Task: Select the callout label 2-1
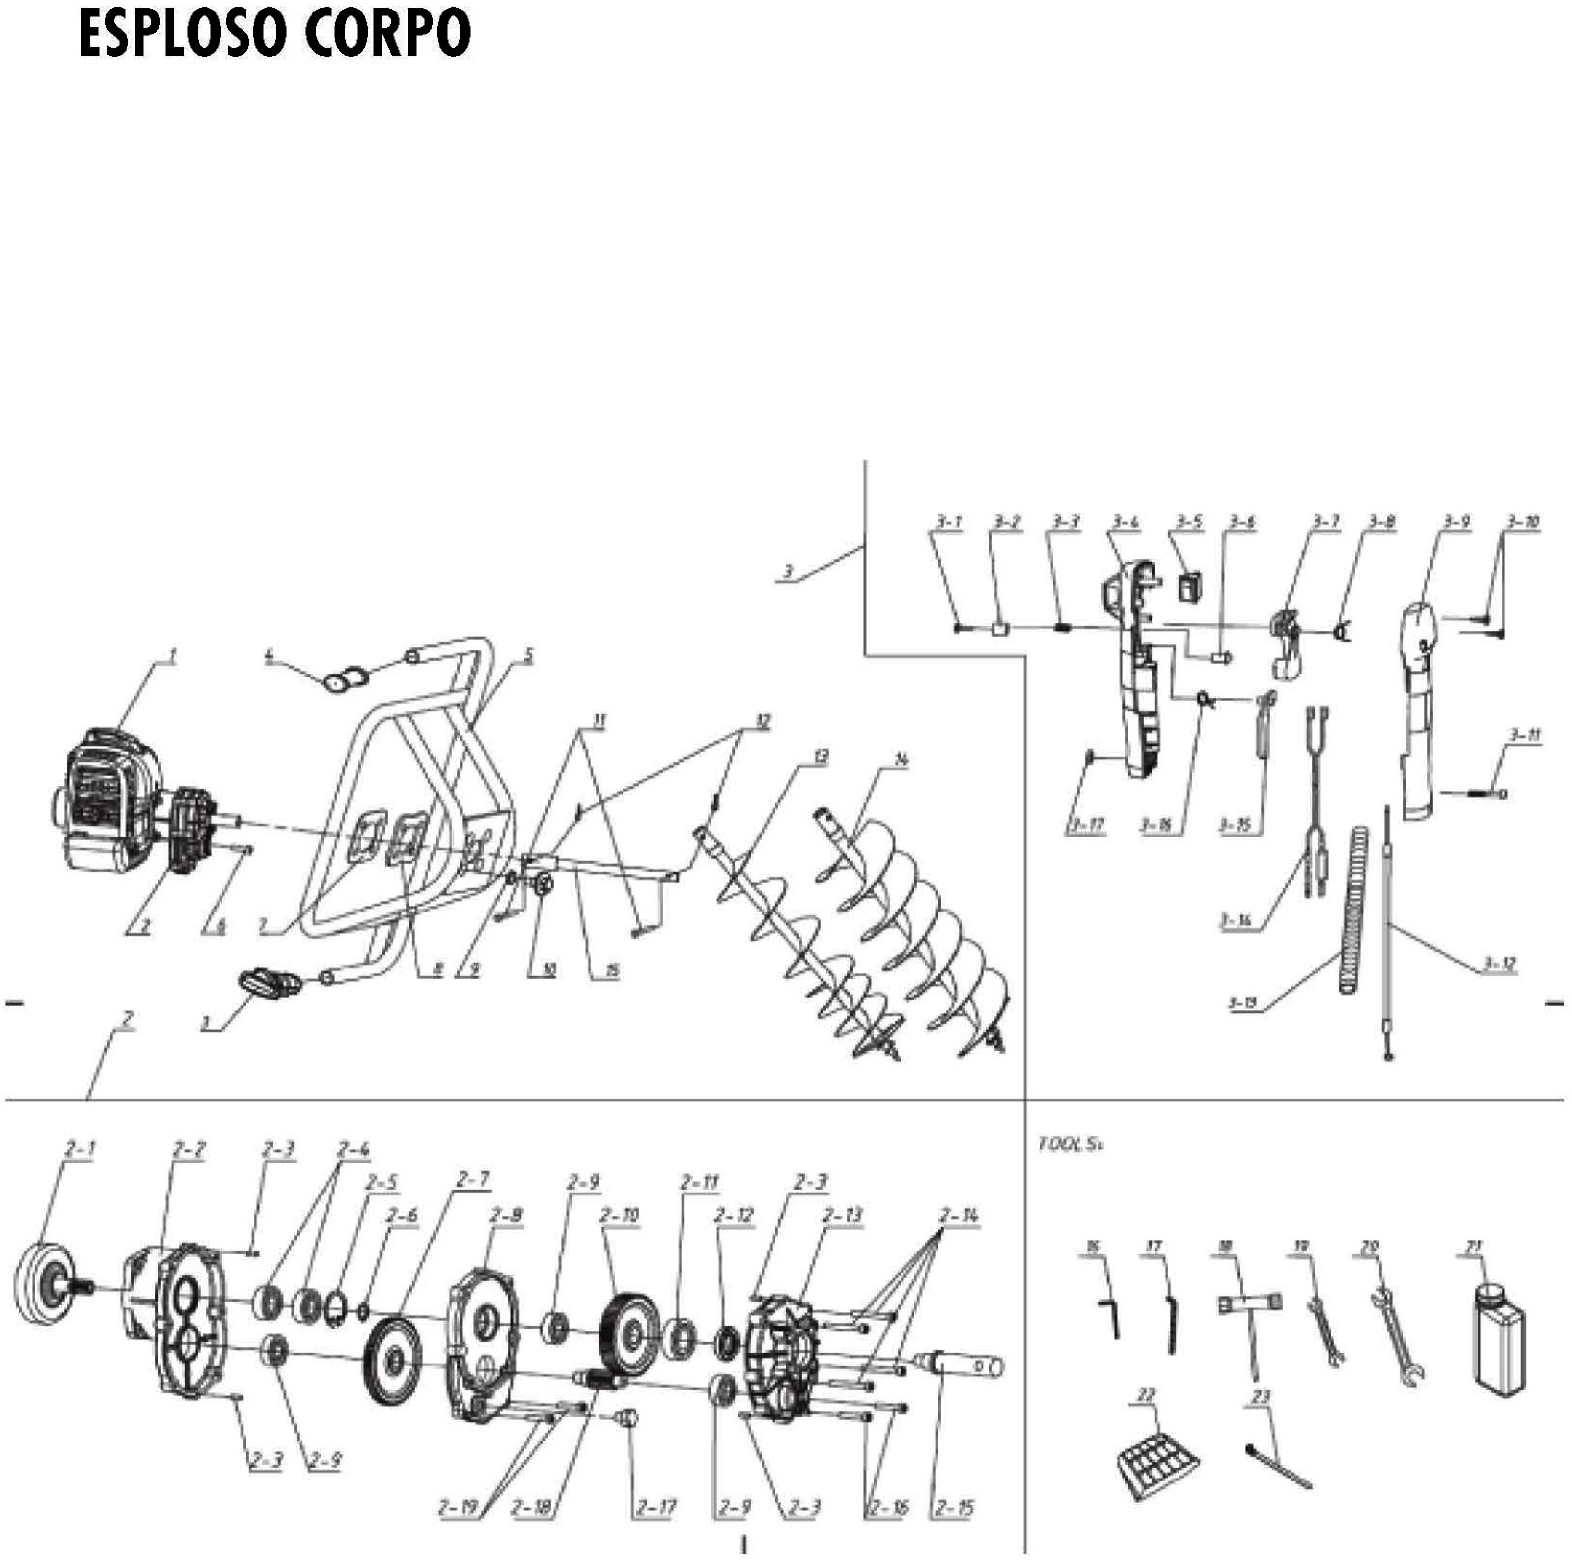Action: pos(79,1149)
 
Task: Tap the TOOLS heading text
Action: pos(1071,1144)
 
